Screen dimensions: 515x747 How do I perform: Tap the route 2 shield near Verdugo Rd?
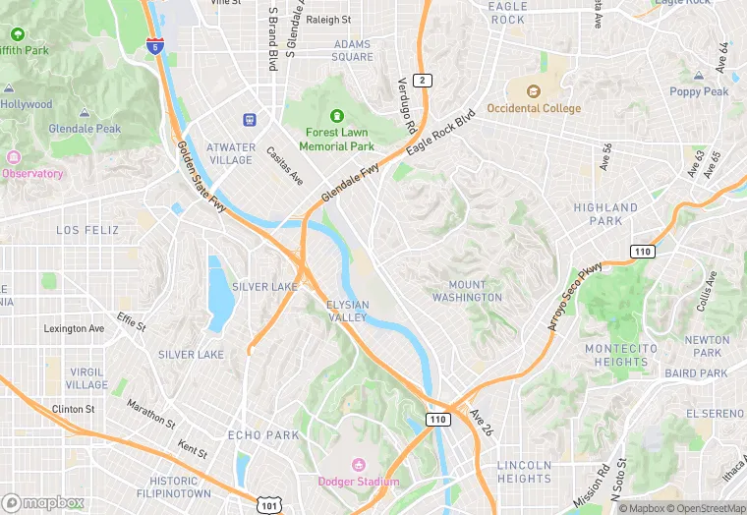[x=422, y=80]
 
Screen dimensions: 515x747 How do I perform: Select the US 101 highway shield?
[x=267, y=504]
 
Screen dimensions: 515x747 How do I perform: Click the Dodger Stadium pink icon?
[x=358, y=464]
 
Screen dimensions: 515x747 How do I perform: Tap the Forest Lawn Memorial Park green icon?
[x=337, y=116]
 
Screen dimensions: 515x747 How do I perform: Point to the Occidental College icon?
[x=533, y=91]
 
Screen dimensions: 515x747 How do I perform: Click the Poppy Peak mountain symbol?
[x=699, y=76]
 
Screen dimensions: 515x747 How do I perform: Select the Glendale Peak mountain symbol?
[x=86, y=113]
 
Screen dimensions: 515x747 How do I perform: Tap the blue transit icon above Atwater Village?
[x=250, y=120]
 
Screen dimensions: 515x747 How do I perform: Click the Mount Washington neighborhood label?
[x=467, y=291]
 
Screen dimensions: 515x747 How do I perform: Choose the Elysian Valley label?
[x=347, y=311]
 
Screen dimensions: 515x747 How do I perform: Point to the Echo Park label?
[x=262, y=434]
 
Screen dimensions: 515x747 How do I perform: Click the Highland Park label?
[x=605, y=213]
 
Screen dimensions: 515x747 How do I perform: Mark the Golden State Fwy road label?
[x=201, y=178]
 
